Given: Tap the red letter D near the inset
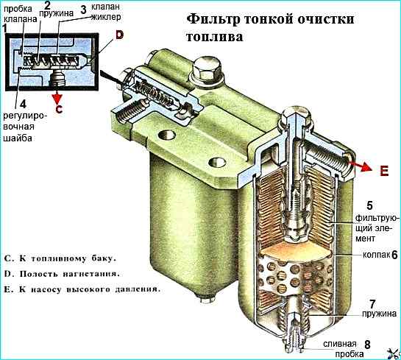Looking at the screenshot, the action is tap(119, 35).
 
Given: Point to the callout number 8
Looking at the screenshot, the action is tap(367, 345).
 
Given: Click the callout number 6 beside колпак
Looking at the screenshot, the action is tap(394, 255).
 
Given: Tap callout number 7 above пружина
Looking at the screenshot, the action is tap(372, 304).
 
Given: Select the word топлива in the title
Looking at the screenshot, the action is tap(214, 37).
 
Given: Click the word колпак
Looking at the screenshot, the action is tap(376, 255).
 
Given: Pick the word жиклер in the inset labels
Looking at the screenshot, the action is tap(106, 17).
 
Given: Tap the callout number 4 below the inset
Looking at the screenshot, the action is tap(23, 104).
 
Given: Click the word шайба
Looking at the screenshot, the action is tap(18, 138).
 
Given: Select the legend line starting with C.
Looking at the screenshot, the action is tap(60, 258).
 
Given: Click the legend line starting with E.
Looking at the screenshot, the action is tap(82, 289).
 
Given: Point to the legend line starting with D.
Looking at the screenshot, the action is tap(62, 274).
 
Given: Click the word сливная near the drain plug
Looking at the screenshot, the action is tap(340, 344).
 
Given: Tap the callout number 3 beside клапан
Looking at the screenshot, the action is tap(83, 10).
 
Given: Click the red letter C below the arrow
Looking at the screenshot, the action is tap(59, 109).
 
